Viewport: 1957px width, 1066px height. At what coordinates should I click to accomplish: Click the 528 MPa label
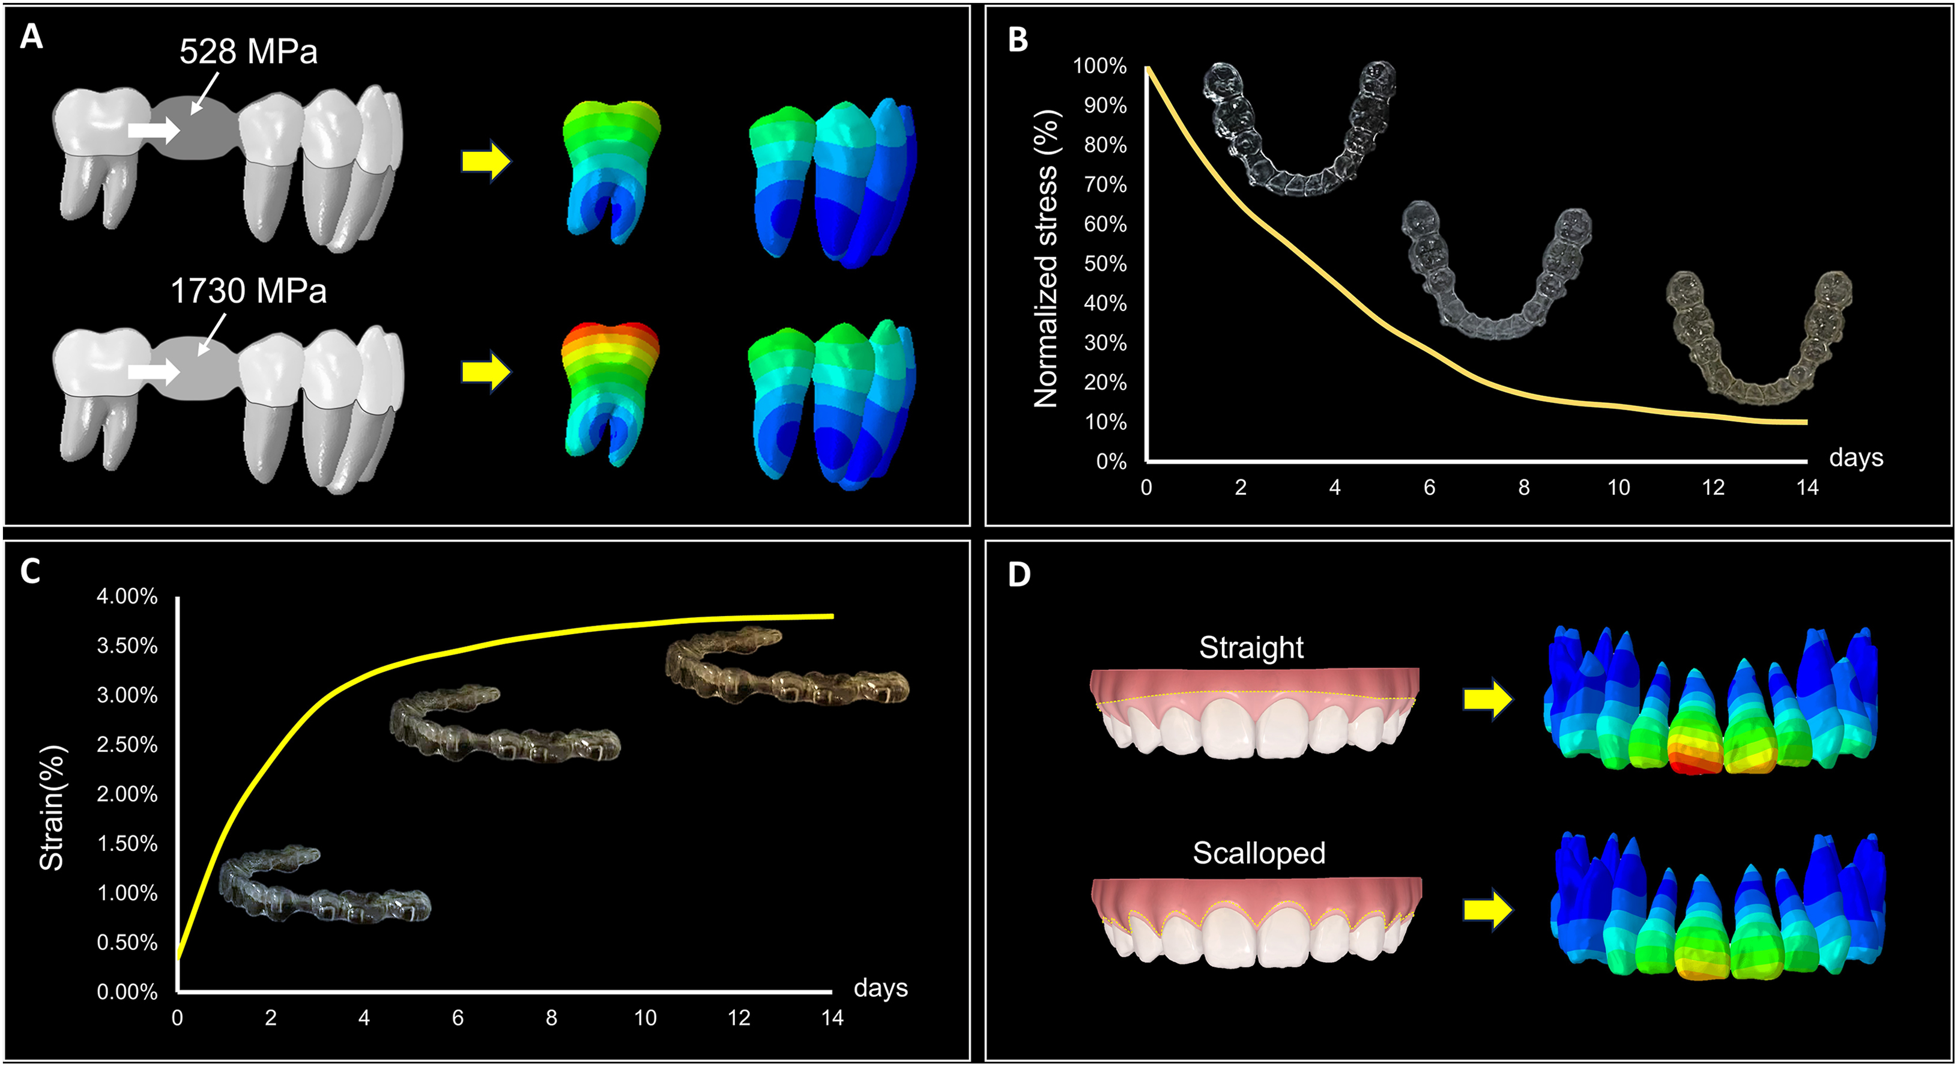249,52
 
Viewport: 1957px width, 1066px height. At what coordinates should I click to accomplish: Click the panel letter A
31,35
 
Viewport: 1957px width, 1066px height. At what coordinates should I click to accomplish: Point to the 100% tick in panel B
1099,66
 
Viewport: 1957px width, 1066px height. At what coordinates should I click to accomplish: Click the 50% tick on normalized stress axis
1105,264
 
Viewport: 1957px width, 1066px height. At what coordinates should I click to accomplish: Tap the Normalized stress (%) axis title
1046,258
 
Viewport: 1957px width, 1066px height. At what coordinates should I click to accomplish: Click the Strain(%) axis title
52,807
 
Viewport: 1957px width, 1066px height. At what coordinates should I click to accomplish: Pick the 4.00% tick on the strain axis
127,596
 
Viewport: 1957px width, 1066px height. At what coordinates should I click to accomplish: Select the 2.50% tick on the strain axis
127,745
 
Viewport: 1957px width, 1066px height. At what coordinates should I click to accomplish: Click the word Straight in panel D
1251,648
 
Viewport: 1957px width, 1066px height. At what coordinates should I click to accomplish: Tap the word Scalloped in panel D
1259,853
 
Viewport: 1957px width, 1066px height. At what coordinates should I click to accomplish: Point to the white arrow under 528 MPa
154,130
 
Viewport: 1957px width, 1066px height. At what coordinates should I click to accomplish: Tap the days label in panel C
880,988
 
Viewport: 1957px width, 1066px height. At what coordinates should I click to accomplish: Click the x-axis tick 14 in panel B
1807,488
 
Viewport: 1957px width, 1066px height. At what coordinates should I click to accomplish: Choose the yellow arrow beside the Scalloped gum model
1487,909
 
